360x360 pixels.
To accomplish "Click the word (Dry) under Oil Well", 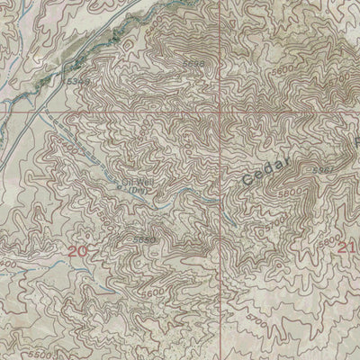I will click(137, 191).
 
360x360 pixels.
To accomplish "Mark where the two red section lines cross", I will click(222, 114).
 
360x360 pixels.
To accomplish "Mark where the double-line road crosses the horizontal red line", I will click(42, 114).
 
